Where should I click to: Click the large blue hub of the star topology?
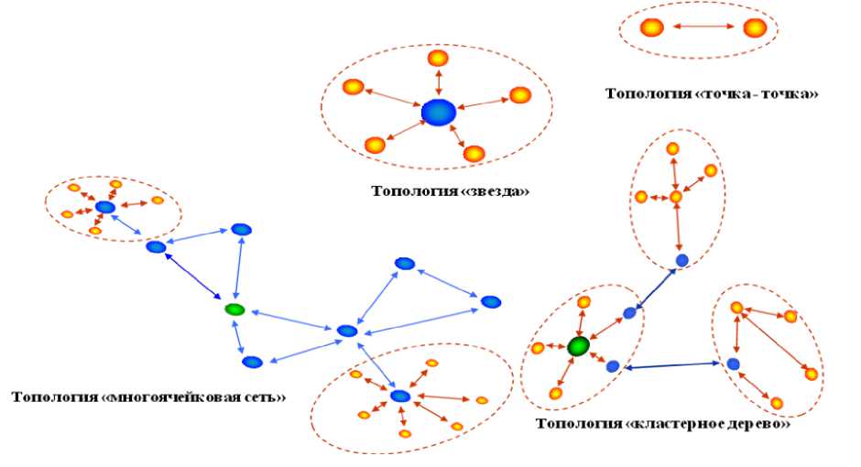(439, 113)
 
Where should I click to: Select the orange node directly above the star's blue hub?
(439, 59)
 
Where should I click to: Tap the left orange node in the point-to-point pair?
(651, 27)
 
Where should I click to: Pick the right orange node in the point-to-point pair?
(755, 27)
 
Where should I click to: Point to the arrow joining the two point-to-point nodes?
(703, 27)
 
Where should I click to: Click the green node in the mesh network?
(235, 310)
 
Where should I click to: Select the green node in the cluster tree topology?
(578, 346)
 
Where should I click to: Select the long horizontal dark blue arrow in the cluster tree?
(672, 366)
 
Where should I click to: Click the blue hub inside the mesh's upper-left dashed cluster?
(105, 208)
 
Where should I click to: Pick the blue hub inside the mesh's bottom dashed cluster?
(399, 396)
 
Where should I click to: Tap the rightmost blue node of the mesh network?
(491, 301)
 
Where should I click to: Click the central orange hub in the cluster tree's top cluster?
(676, 196)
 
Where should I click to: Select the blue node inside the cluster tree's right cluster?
(733, 364)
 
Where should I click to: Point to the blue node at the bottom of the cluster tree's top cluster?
(681, 261)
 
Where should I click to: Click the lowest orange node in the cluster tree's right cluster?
(777, 403)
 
